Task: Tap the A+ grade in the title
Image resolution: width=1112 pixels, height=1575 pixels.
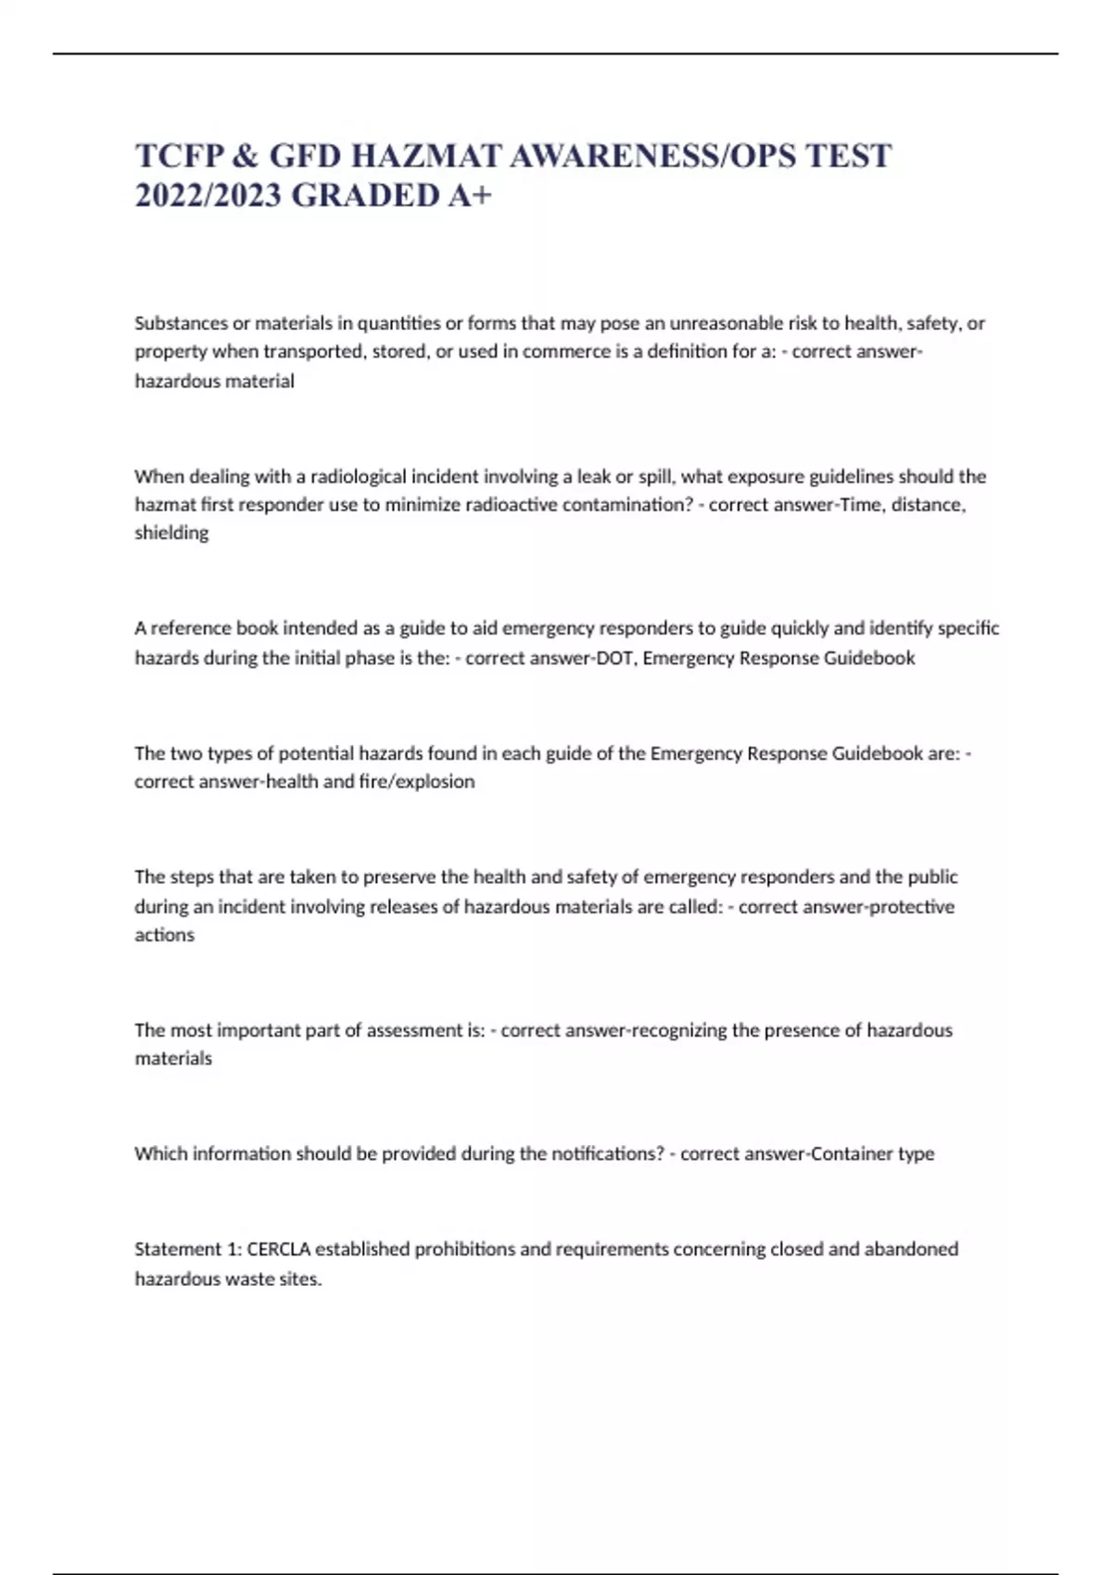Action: tap(469, 195)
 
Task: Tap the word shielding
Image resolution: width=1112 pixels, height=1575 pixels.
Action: tap(171, 533)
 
